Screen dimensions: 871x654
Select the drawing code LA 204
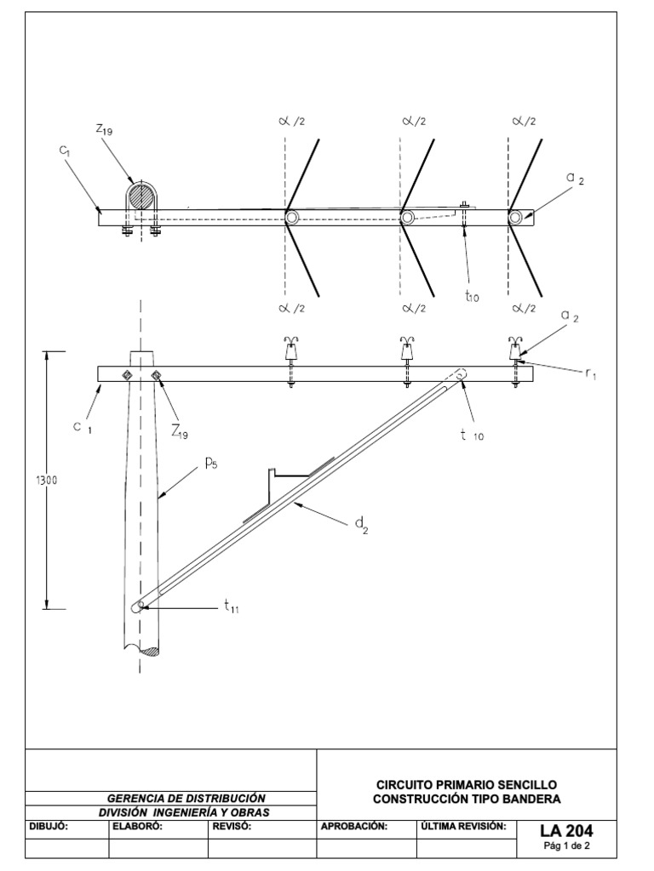[565, 830]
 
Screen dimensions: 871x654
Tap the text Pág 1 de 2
[565, 846]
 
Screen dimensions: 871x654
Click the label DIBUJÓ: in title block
[49, 826]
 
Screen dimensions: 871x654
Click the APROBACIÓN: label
[354, 826]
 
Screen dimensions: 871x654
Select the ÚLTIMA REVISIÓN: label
[463, 826]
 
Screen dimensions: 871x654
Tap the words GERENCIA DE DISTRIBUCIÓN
[186, 798]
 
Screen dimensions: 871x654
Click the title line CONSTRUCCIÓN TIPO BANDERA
[467, 799]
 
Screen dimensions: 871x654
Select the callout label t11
[232, 606]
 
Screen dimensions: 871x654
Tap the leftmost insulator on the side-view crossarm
[290, 349]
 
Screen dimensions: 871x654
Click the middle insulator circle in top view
[408, 219]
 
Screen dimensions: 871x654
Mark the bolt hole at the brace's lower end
[138, 606]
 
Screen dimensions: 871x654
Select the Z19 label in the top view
[105, 129]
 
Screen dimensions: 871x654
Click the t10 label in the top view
[473, 296]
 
